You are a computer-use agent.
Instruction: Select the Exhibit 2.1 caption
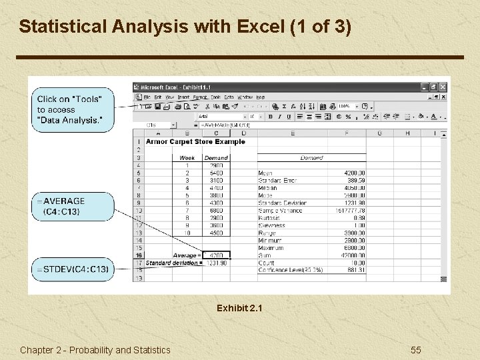239,309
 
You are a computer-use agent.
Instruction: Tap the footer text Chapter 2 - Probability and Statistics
95,350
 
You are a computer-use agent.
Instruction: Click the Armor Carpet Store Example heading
195,142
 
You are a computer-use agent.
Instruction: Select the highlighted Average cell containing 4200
216,255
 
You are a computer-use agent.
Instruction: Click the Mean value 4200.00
353,173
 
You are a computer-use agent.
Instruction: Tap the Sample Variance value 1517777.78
350,211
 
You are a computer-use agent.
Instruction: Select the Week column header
187,158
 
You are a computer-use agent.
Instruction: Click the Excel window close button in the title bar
443,87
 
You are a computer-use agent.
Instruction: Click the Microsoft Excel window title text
177,87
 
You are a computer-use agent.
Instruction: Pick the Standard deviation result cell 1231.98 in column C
216,263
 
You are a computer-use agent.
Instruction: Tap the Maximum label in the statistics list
271,248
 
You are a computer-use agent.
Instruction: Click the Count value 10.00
357,263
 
